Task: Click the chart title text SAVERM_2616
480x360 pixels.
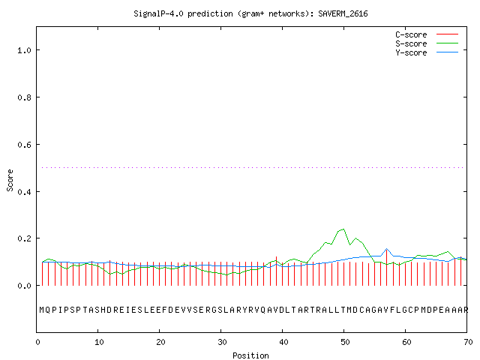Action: point(343,13)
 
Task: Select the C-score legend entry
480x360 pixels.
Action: point(427,34)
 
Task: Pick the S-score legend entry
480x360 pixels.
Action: point(427,43)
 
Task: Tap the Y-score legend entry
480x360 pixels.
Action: point(427,52)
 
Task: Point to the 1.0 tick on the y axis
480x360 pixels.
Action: point(24,50)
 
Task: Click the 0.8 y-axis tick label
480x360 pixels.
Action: point(24,97)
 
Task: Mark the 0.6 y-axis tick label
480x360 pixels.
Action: point(24,145)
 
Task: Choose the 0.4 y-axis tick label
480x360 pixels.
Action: point(24,192)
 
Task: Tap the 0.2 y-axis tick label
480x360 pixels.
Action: point(24,238)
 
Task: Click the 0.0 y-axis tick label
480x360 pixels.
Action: point(24,286)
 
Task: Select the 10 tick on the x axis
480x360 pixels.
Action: point(99,342)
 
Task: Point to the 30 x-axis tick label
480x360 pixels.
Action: point(222,342)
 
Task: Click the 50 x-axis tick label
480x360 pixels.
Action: point(345,342)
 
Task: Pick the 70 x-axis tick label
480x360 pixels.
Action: point(468,342)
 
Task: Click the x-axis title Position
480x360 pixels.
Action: point(250,355)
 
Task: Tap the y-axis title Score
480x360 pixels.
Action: point(10,180)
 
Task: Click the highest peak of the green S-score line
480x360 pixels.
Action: point(343,229)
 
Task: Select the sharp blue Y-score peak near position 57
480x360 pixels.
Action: point(387,248)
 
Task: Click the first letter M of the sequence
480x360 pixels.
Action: point(42,310)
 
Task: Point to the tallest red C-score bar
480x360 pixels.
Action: point(387,268)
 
